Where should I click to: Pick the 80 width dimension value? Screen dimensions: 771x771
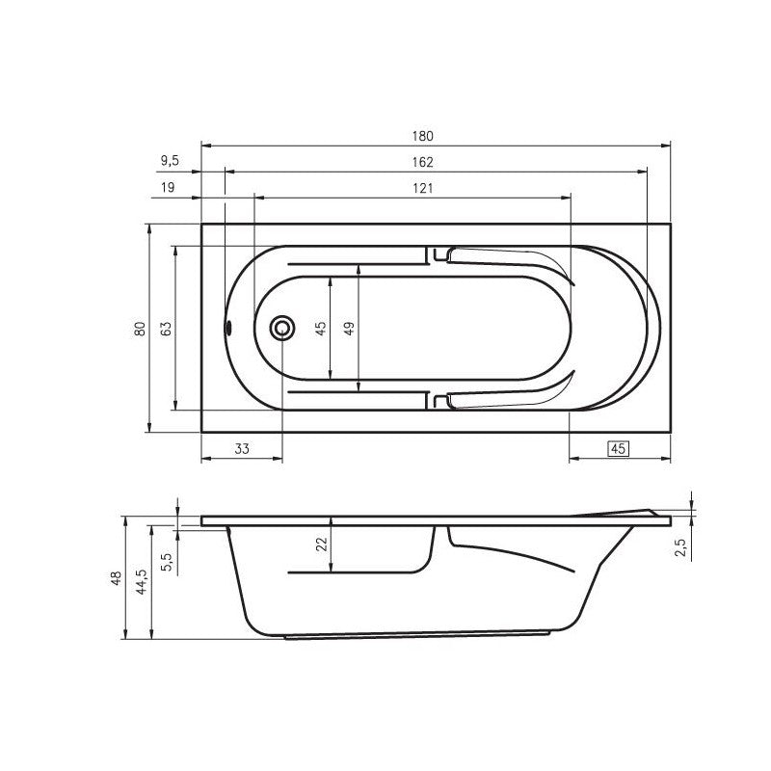[x=141, y=328]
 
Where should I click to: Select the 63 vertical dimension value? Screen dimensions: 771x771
[x=167, y=328]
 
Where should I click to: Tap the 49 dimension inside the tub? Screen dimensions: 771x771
[x=350, y=328]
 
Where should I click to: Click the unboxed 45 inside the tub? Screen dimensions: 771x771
[x=322, y=328]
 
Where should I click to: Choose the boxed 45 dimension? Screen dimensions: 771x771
[x=619, y=448]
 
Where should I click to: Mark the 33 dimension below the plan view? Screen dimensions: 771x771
[x=242, y=448]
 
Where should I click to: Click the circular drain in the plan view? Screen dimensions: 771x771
[x=283, y=328]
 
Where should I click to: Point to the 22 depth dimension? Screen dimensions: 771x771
[x=323, y=544]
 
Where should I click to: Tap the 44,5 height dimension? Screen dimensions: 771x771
[x=142, y=581]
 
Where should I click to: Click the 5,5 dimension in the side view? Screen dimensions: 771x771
[x=167, y=561]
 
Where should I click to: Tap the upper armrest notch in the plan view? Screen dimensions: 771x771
[x=439, y=255]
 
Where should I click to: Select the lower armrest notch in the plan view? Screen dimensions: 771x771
[x=439, y=398]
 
